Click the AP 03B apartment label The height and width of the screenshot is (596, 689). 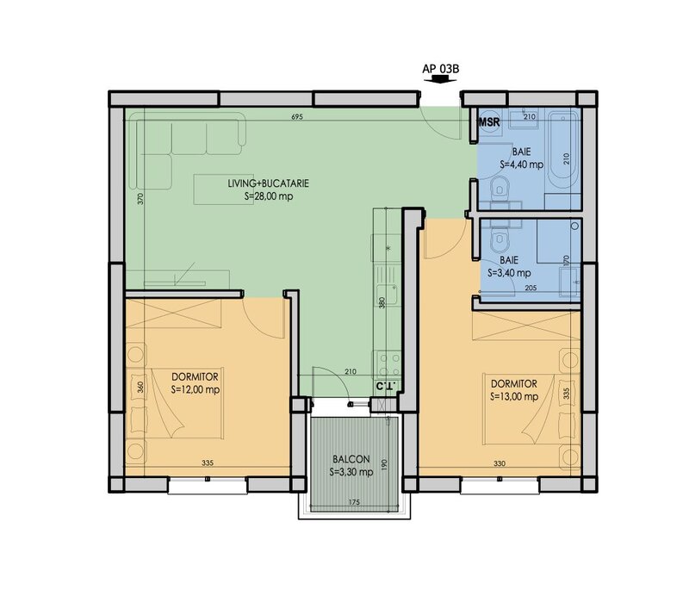441,69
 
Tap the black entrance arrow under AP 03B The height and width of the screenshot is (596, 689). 440,79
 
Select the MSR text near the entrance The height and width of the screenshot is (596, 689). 489,122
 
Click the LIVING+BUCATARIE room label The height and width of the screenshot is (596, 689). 268,183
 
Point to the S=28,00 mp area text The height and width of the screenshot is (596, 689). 269,196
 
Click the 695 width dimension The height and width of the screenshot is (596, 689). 297,117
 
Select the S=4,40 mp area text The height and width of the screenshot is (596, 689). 522,165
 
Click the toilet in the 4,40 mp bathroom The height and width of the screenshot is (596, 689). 500,186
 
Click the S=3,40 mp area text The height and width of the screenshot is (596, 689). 509,273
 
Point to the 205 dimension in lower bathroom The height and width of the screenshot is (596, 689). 531,288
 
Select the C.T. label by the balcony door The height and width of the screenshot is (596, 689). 387,387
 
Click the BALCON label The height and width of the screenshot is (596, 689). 351,459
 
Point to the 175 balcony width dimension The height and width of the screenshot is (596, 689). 354,502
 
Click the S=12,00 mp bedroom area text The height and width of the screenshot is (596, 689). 196,390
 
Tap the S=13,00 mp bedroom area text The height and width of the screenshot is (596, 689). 514,396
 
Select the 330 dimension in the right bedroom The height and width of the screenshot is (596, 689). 500,463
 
